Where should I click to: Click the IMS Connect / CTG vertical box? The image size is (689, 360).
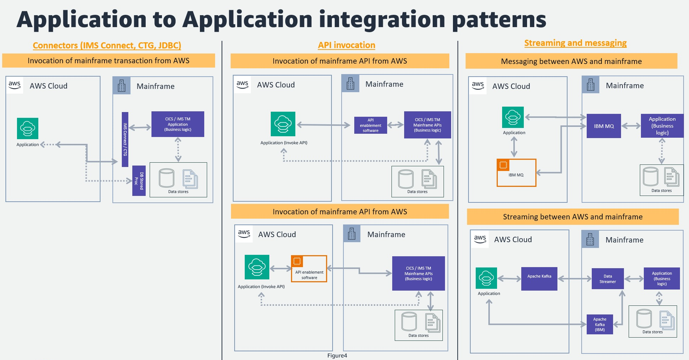125,139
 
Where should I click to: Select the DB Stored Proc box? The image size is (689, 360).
139,181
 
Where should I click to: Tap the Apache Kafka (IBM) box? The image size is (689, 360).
600,324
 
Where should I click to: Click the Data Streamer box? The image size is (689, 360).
608,279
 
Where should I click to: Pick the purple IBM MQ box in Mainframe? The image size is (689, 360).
604,126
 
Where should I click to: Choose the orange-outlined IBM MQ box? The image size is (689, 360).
516,173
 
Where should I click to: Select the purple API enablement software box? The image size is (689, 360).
371,125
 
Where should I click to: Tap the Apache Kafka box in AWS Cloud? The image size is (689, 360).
539,279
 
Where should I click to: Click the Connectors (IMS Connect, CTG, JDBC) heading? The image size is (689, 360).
107,46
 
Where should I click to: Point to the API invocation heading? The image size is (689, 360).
346,45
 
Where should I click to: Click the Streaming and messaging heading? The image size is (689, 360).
575,43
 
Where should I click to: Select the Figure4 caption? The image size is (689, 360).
337,356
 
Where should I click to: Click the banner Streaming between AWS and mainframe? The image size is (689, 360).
573,217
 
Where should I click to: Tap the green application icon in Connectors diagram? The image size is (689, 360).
27,128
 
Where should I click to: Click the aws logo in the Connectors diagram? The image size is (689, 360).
15,85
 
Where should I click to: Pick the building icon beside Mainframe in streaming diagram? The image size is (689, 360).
590,239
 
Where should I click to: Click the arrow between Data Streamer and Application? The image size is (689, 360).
634,279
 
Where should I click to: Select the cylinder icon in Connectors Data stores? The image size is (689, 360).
167,178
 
